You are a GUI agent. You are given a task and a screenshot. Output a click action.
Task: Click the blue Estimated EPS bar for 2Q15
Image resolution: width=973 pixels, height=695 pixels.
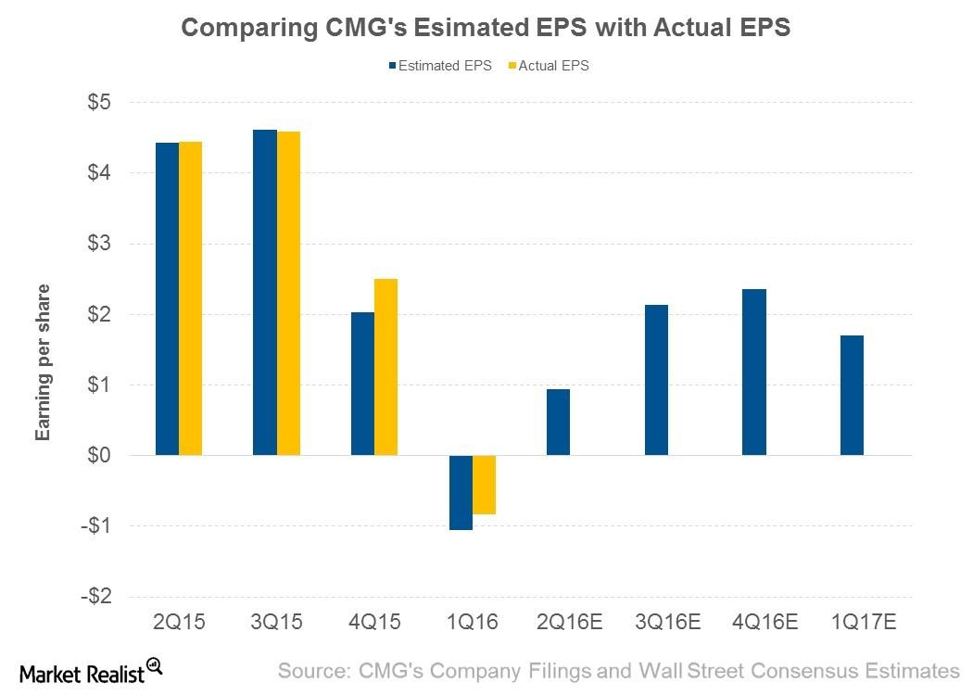pos(167,298)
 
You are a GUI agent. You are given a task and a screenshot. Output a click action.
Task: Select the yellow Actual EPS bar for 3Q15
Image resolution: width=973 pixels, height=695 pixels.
pos(288,293)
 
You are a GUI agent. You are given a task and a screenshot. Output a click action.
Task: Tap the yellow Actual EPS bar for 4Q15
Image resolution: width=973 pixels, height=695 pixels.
pos(385,367)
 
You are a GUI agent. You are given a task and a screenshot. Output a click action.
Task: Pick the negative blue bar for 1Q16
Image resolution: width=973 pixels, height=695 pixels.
pos(461,492)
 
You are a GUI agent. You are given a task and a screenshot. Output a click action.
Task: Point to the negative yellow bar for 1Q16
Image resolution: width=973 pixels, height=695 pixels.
pos(484,485)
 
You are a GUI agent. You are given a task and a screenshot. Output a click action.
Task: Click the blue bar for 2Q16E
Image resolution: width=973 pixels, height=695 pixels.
pos(558,422)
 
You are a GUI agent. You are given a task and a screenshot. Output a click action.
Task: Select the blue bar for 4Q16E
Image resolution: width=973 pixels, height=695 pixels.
pos(754,372)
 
